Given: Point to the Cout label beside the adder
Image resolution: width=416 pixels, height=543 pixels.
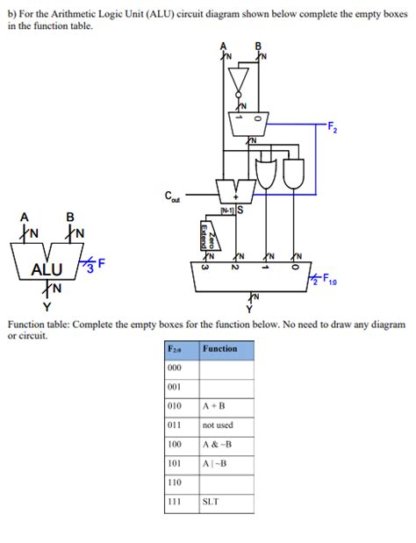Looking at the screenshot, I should point(173,200).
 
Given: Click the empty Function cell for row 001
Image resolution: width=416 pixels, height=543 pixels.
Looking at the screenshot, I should point(226,387).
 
